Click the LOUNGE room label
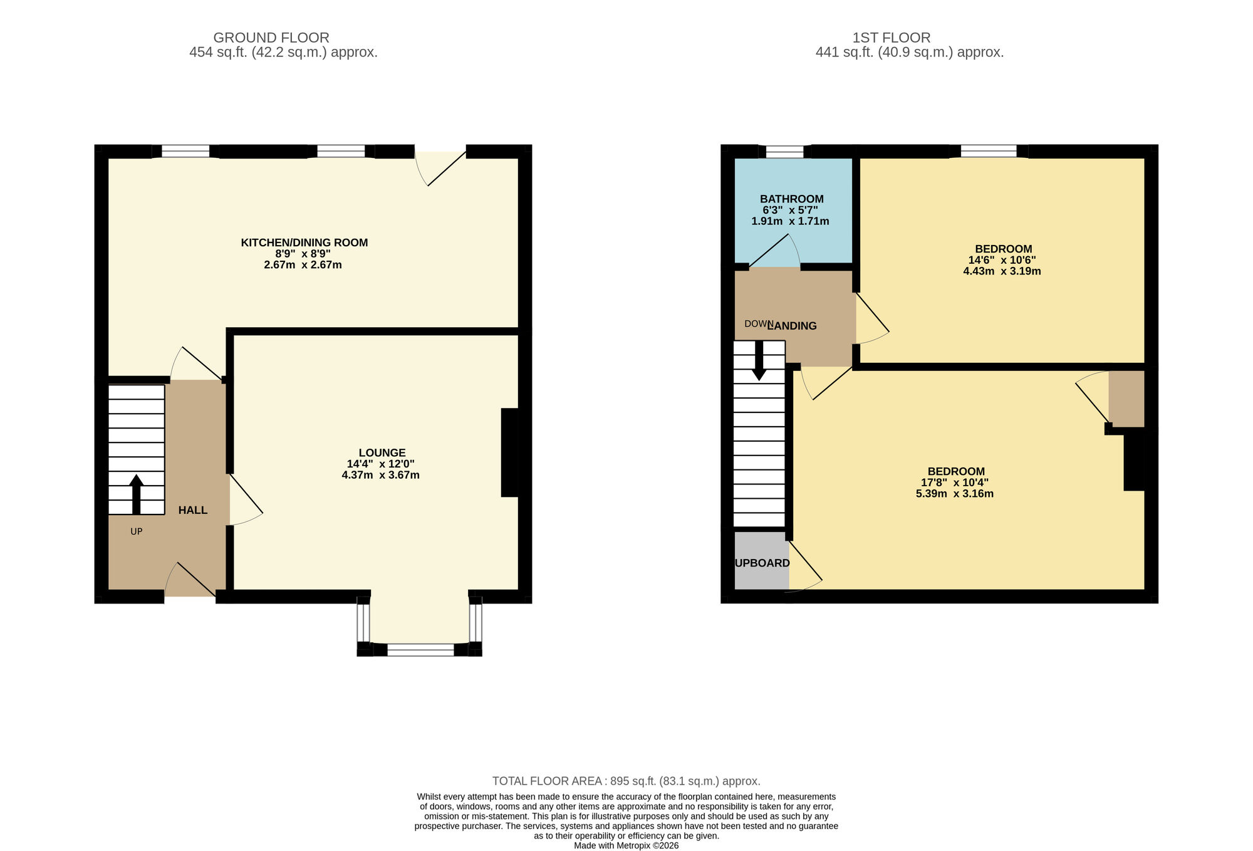pyautogui.click(x=382, y=452)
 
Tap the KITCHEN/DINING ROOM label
pyautogui.click(x=304, y=243)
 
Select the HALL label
pyautogui.click(x=192, y=510)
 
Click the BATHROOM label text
pyautogui.click(x=791, y=199)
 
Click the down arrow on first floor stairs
pyautogui.click(x=759, y=361)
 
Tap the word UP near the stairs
pyautogui.click(x=136, y=531)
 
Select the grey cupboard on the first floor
pyautogui.click(x=761, y=561)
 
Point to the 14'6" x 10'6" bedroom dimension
pyautogui.click(x=1001, y=260)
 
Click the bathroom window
pyautogui.click(x=784, y=151)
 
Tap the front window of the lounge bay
pyautogui.click(x=420, y=650)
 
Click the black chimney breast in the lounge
pyautogui.click(x=510, y=452)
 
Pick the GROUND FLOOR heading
pyautogui.click(x=271, y=38)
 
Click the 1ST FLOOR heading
pyautogui.click(x=891, y=38)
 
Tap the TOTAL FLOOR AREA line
pyautogui.click(x=626, y=781)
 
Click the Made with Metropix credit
pyautogui.click(x=626, y=845)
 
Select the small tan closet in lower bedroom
pyautogui.click(x=1126, y=399)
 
